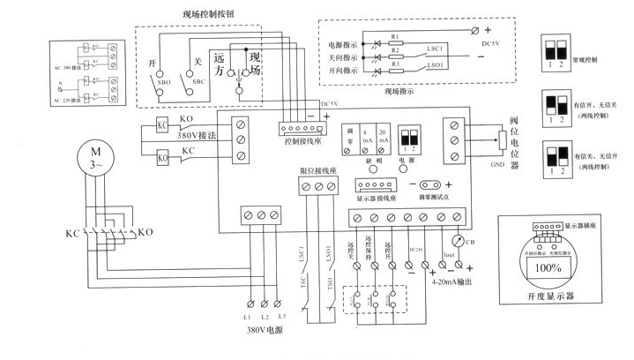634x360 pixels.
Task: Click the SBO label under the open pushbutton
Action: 163,92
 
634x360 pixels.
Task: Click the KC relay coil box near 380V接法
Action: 163,124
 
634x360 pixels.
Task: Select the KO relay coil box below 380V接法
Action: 163,158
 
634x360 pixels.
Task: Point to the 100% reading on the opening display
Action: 543,266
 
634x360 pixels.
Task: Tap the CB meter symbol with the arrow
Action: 456,239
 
